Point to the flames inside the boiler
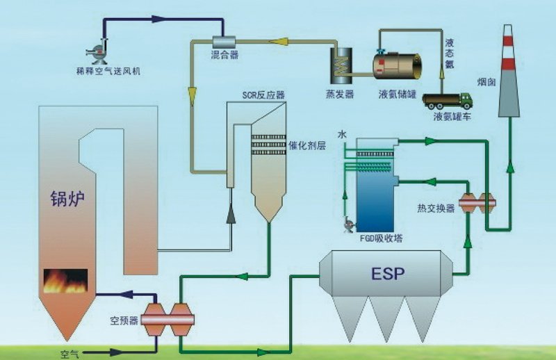[x=66, y=281]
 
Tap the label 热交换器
[x=436, y=207]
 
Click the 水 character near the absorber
[x=342, y=133]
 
